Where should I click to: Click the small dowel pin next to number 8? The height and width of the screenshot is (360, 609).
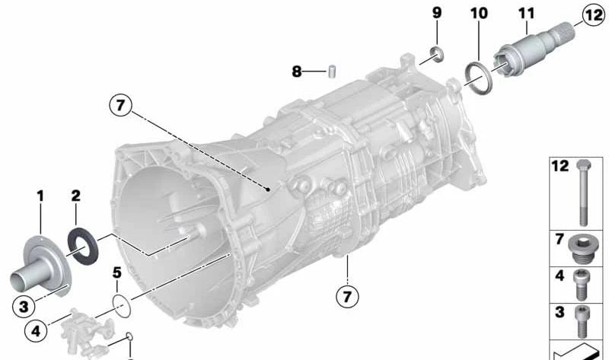(332, 72)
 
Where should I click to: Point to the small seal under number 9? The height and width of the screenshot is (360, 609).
(437, 53)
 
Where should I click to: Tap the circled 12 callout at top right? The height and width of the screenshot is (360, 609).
(594, 15)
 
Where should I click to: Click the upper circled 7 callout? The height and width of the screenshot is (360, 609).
(120, 105)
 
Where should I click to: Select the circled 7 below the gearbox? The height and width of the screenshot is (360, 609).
(347, 296)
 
